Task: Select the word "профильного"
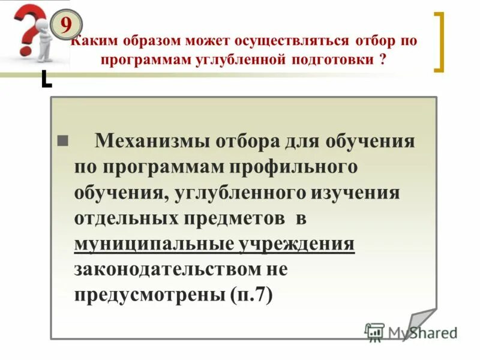click(297, 167)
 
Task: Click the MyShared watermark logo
click(411, 332)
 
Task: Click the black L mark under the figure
click(46, 79)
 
